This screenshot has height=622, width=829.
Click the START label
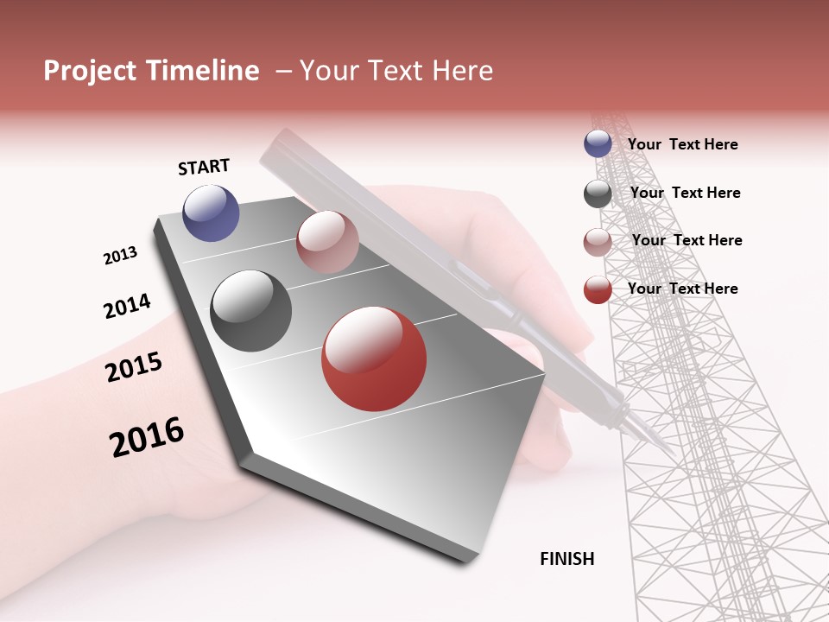pyautogui.click(x=204, y=167)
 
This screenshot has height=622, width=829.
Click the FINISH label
pyautogui.click(x=566, y=559)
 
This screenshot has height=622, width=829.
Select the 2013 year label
pyautogui.click(x=120, y=256)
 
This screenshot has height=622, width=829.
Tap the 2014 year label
pyautogui.click(x=127, y=306)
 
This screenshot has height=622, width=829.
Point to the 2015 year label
pyautogui.click(x=134, y=367)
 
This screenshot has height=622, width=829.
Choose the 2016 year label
pyautogui.click(x=147, y=437)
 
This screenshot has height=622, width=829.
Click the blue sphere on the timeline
pyautogui.click(x=211, y=213)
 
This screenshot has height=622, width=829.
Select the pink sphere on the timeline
pyautogui.click(x=327, y=242)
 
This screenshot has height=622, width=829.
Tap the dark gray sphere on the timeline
pyautogui.click(x=251, y=311)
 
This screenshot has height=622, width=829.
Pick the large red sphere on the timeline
pyautogui.click(x=374, y=359)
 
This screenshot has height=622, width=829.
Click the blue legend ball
pyautogui.click(x=598, y=144)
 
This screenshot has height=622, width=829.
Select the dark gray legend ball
pyautogui.click(x=598, y=194)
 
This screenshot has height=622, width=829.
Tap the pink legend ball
pyautogui.click(x=598, y=242)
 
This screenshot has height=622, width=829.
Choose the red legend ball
pyautogui.click(x=598, y=289)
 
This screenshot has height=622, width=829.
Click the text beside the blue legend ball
pyautogui.click(x=682, y=144)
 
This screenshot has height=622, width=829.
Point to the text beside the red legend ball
pyautogui.click(x=682, y=289)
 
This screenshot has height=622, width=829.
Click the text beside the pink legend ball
pyautogui.click(x=687, y=240)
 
